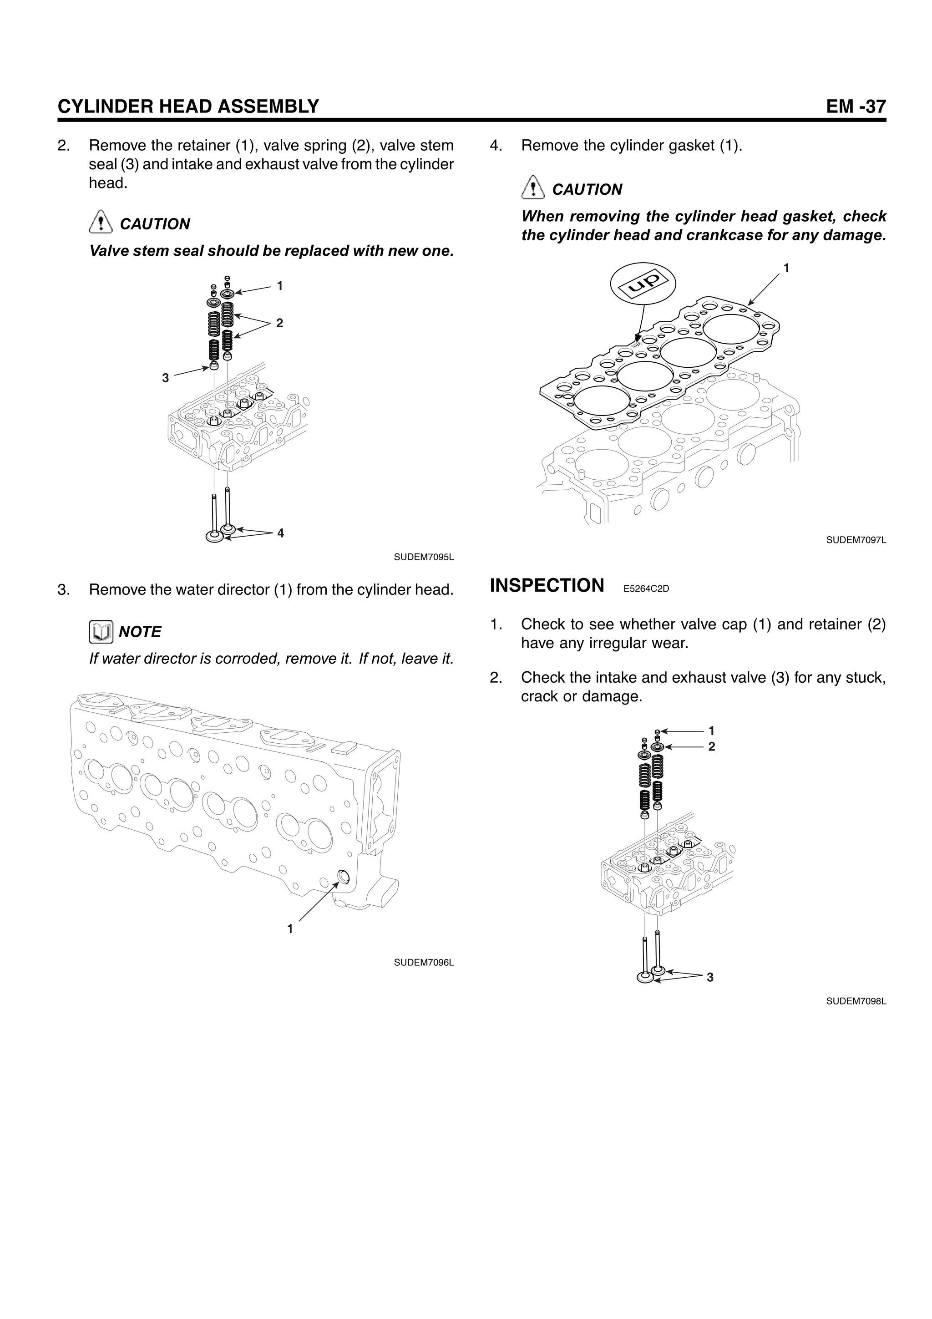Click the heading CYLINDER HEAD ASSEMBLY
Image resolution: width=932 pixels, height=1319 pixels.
click(188, 107)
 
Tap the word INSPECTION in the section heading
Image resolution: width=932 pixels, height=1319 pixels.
click(547, 585)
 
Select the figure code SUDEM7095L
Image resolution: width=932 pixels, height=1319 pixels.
click(424, 557)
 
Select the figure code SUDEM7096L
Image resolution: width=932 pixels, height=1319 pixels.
click(424, 962)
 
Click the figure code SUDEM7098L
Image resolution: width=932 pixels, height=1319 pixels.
click(856, 1001)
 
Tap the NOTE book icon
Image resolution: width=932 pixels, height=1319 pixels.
click(101, 632)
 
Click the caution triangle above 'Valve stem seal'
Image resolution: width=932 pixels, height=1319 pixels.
click(101, 221)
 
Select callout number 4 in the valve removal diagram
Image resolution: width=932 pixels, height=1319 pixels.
click(280, 533)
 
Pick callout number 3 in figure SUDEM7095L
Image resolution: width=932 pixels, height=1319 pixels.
click(165, 378)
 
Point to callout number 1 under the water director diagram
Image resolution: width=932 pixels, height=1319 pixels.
click(290, 929)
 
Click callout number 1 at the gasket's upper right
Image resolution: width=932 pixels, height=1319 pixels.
click(786, 268)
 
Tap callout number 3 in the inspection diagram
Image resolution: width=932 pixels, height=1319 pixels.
click(710, 977)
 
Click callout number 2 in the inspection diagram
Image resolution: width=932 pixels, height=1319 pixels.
click(711, 746)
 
